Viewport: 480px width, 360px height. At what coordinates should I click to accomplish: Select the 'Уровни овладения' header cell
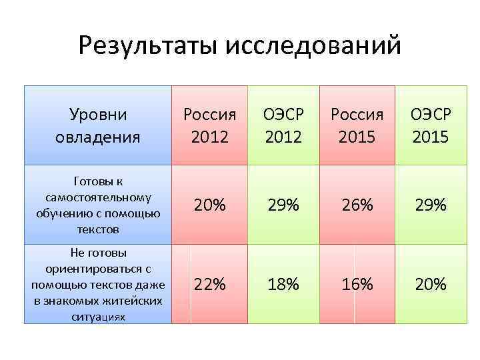pyautogui.click(x=99, y=125)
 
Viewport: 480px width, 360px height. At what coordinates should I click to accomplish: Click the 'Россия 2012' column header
pyautogui.click(x=209, y=125)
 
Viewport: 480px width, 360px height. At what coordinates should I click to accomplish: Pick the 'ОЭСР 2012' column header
pyautogui.click(x=283, y=125)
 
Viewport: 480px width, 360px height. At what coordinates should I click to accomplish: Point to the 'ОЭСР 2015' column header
pyautogui.click(x=430, y=125)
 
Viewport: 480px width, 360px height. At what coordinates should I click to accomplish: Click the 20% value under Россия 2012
pyautogui.click(x=209, y=205)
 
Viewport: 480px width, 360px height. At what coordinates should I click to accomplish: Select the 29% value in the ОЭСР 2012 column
pyautogui.click(x=283, y=205)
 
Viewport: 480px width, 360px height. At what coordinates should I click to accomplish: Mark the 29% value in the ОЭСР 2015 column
pyautogui.click(x=430, y=205)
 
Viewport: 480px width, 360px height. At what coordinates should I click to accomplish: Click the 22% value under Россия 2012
pyautogui.click(x=209, y=285)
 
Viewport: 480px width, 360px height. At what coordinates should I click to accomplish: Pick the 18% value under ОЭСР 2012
pyautogui.click(x=283, y=285)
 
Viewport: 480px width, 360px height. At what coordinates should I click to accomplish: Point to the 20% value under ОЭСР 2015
pyautogui.click(x=430, y=285)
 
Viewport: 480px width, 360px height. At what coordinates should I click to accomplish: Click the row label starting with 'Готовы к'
pyautogui.click(x=99, y=205)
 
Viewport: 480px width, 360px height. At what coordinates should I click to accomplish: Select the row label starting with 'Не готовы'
pyautogui.click(x=99, y=285)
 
